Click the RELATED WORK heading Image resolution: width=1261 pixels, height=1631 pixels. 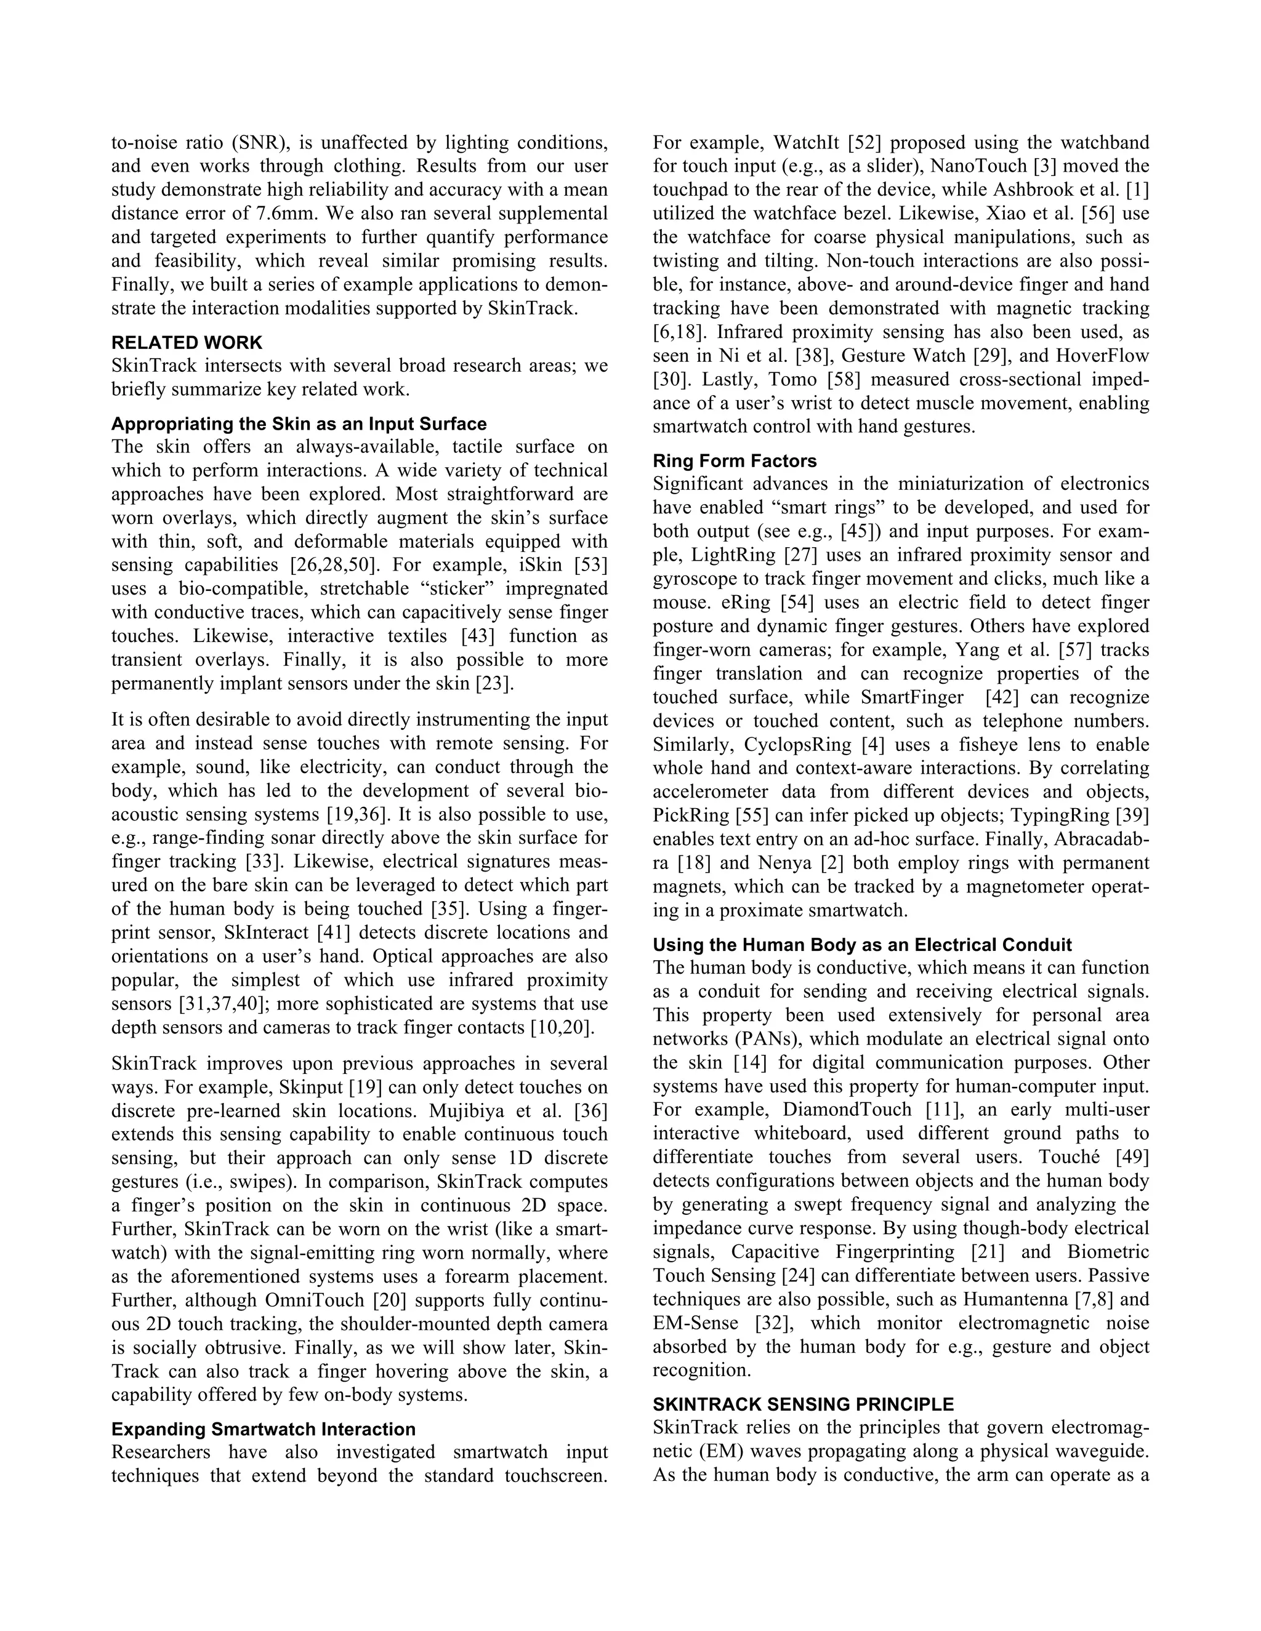[187, 343]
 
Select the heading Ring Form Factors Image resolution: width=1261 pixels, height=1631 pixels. [735, 461]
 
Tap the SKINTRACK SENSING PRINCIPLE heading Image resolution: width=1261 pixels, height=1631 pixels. [803, 1404]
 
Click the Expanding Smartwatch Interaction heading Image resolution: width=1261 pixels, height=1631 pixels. [263, 1429]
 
